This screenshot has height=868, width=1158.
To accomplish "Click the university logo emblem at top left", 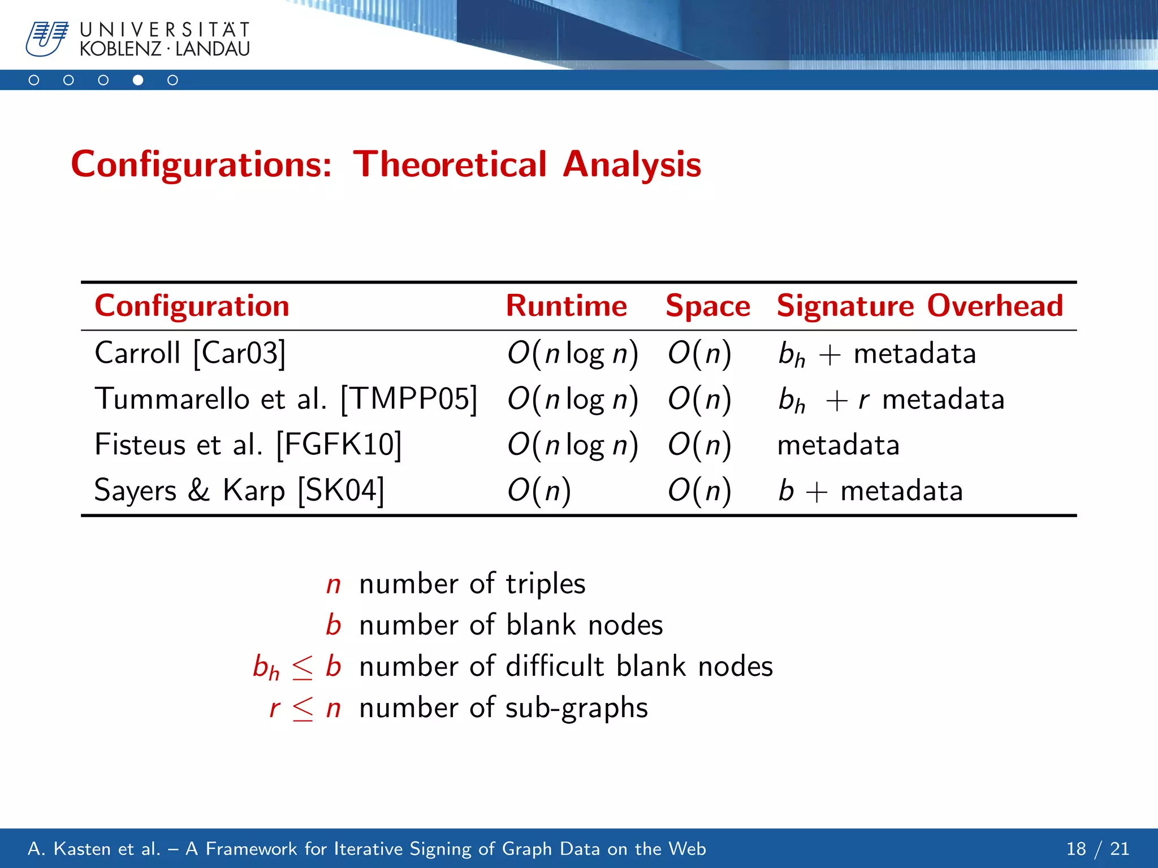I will pyautogui.click(x=46, y=38).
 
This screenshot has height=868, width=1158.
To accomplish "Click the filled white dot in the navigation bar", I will pyautogui.click(x=138, y=80).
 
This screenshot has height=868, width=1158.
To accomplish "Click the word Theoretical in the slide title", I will pyautogui.click(x=450, y=164).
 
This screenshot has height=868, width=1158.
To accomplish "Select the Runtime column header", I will pyautogui.click(x=566, y=306).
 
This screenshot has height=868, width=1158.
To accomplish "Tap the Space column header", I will pyautogui.click(x=707, y=306).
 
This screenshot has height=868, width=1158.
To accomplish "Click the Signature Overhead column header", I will pyautogui.click(x=919, y=306).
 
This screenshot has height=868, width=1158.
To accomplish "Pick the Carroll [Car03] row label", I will pyautogui.click(x=190, y=353).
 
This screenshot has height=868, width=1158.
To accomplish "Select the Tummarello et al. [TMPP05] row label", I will pyautogui.click(x=286, y=399).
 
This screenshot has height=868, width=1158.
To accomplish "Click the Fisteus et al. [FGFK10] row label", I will pyautogui.click(x=248, y=445).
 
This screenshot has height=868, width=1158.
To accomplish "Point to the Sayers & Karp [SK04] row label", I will pyautogui.click(x=239, y=490).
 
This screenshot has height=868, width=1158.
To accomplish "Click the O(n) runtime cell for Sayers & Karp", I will pyautogui.click(x=539, y=490).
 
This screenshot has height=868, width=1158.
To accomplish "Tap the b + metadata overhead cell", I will pyautogui.click(x=870, y=491).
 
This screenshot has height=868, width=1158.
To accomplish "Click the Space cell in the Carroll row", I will pyautogui.click(x=699, y=353).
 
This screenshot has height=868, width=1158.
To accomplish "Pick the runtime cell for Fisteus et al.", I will pyautogui.click(x=572, y=445).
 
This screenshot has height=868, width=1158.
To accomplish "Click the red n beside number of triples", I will pyautogui.click(x=334, y=584).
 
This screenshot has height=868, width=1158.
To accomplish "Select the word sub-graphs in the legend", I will pyautogui.click(x=576, y=708).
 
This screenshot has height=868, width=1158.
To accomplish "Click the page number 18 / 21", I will pyautogui.click(x=1097, y=849).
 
